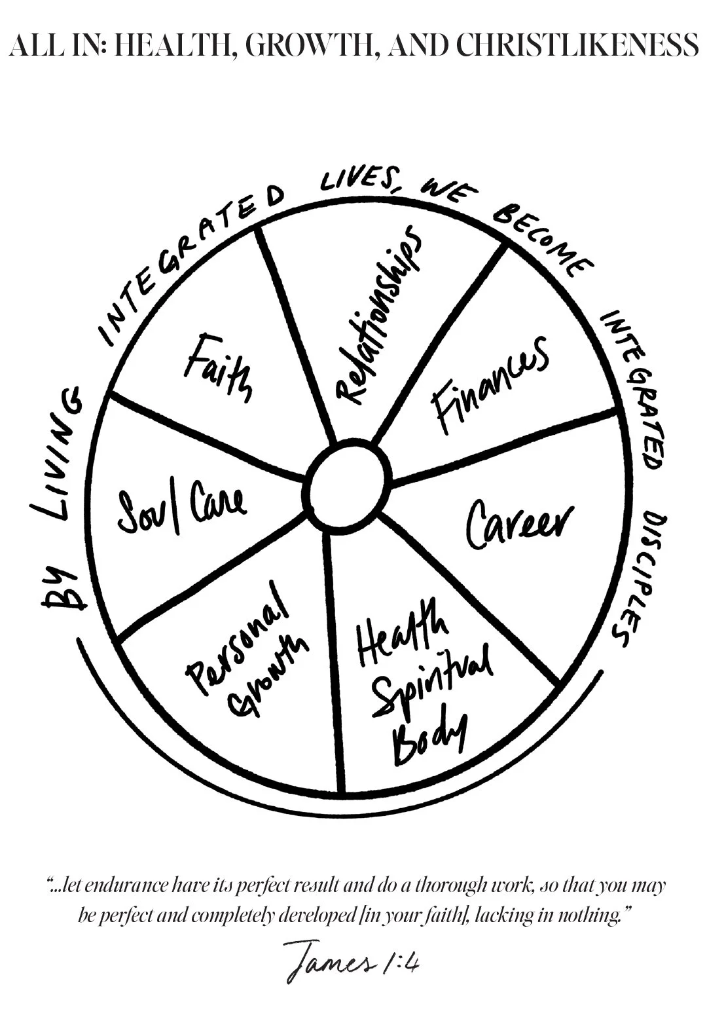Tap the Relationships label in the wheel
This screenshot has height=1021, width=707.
376,314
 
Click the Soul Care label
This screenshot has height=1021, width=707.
181,504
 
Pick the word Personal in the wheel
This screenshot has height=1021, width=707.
238,638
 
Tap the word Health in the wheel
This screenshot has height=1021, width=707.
403,639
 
